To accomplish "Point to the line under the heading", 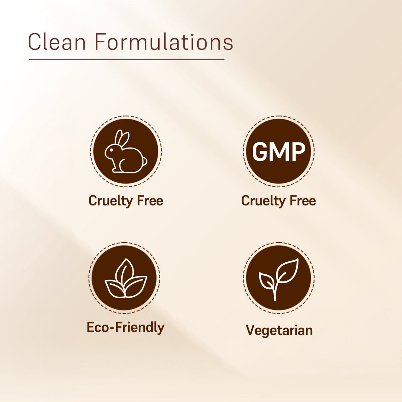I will pos(127,59).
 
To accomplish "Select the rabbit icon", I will pos(125,151).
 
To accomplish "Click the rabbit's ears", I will pos(121,138).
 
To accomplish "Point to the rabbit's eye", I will pos(110,150).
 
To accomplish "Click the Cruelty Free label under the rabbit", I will pos(126,201).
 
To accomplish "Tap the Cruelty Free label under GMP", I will pos(278,201).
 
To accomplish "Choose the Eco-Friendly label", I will pos(125,327).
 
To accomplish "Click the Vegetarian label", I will pos(279,330).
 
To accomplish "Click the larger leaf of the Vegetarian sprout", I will pos(287,270).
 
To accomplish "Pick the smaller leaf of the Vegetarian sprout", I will pos(266,281).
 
